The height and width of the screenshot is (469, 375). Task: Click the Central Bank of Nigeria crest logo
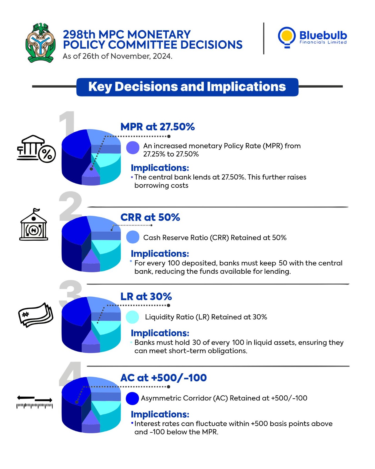click(x=40, y=43)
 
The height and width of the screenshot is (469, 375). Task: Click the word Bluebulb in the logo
click(x=323, y=35)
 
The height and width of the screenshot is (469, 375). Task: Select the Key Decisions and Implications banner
click(x=187, y=87)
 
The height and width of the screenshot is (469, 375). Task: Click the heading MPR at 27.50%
click(x=157, y=127)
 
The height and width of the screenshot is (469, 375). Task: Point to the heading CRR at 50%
click(x=150, y=217)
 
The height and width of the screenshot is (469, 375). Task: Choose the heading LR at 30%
click(x=146, y=296)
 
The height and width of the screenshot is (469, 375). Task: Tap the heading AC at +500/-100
click(x=164, y=378)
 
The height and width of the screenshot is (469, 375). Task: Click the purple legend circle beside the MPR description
click(x=133, y=148)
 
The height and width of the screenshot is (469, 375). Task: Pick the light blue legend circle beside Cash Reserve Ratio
click(x=133, y=237)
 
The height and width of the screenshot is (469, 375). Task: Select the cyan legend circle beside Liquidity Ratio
click(x=132, y=317)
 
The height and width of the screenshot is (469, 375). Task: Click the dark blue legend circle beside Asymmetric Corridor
click(x=132, y=398)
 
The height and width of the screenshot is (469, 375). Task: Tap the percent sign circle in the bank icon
click(x=47, y=154)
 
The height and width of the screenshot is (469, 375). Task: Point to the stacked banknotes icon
click(x=36, y=315)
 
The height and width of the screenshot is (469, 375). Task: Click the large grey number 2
click(x=70, y=206)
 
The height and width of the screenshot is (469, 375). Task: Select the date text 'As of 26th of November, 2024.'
click(x=118, y=56)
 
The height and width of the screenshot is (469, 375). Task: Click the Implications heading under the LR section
click(x=160, y=333)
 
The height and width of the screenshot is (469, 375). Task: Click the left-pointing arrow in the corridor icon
click(x=26, y=397)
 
